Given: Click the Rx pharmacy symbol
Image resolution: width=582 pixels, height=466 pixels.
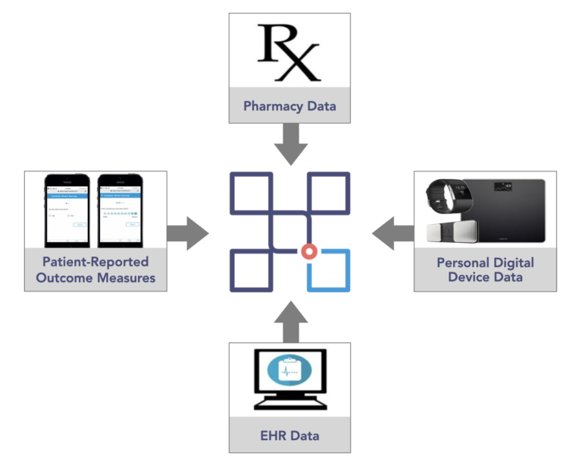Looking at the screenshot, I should tap(289, 52).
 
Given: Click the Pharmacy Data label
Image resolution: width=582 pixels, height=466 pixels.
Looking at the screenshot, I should tap(289, 105).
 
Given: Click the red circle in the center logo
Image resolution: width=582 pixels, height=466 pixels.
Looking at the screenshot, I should tap(308, 252).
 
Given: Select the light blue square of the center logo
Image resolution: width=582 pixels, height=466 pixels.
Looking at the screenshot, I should tap(329, 271).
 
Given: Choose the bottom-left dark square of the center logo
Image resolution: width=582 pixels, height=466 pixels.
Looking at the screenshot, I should tap(250, 271).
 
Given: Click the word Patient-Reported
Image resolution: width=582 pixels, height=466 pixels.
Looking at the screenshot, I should tap(95, 262).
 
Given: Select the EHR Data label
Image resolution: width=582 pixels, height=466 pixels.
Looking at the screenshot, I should tap(289, 436).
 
